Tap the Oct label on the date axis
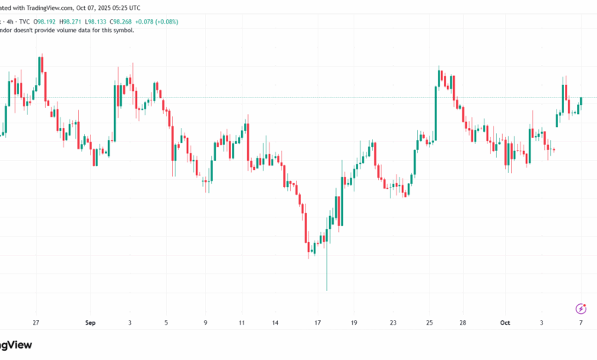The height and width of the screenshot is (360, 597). point(505,323)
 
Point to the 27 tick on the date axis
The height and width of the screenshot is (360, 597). point(35,323)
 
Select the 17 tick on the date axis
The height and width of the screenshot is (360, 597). point(315,323)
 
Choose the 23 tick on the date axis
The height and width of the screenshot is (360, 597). point(393,323)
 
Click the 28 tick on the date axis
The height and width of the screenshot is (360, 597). point(464,323)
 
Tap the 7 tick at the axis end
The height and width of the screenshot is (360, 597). point(580,323)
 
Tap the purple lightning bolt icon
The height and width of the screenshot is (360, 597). point(580,309)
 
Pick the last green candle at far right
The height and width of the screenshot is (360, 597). point(582,100)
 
